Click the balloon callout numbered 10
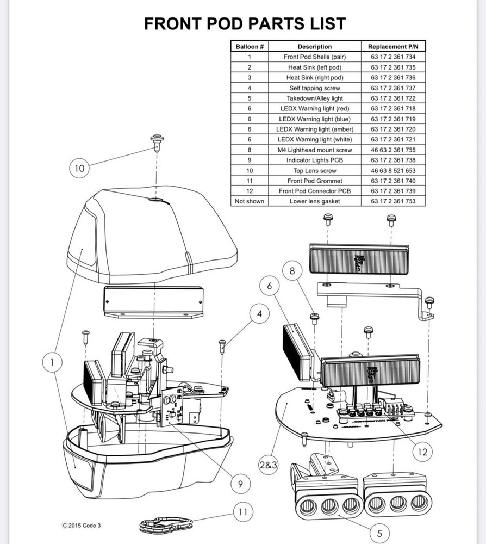[x=79, y=169]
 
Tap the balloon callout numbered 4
[x=260, y=314]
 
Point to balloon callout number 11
[x=243, y=511]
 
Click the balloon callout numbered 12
[x=423, y=451]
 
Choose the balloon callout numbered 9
[x=240, y=483]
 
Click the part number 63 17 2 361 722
[x=393, y=98]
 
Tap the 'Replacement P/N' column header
[x=393, y=47]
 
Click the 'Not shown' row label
[x=250, y=201]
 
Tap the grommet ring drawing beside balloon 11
[x=166, y=524]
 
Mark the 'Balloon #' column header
[x=250, y=47]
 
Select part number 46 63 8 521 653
[x=393, y=170]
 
